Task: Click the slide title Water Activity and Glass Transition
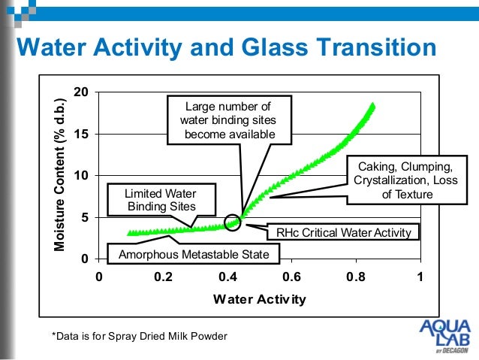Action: (226, 48)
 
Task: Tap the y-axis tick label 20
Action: (81, 92)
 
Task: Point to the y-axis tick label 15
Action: (81, 134)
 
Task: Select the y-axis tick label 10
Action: (81, 175)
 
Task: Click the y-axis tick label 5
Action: (85, 217)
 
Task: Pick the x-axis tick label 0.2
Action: (163, 276)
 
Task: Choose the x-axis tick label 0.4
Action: (227, 276)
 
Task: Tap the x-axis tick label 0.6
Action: (291, 276)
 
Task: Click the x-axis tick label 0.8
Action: (356, 276)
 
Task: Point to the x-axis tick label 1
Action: (421, 276)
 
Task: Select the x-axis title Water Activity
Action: (259, 299)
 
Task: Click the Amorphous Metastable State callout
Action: (194, 255)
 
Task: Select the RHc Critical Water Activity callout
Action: (344, 232)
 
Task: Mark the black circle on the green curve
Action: (233, 222)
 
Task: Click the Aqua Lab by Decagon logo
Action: (444, 335)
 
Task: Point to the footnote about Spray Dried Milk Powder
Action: (138, 334)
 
